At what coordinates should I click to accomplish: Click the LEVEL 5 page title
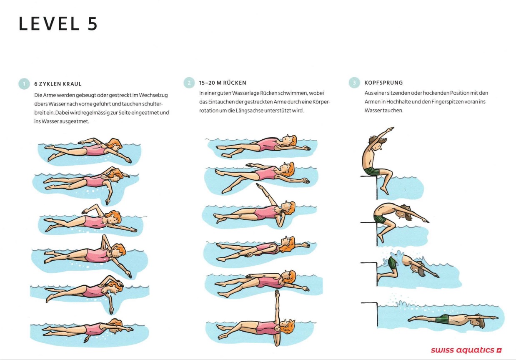(x=58, y=24)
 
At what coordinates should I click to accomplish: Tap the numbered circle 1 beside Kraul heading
(x=24, y=83)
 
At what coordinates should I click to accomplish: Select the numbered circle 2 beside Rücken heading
(x=189, y=83)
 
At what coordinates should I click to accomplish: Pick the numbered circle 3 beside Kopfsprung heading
(x=354, y=83)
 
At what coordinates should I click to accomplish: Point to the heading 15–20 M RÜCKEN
(x=223, y=83)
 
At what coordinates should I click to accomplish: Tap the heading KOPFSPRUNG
(x=383, y=83)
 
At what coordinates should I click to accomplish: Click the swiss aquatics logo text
(x=462, y=350)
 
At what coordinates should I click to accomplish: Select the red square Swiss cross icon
(x=499, y=350)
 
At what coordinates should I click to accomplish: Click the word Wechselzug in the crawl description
(x=154, y=96)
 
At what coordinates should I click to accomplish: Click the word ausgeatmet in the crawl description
(x=75, y=121)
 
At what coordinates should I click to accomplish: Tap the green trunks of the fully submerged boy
(x=442, y=319)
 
